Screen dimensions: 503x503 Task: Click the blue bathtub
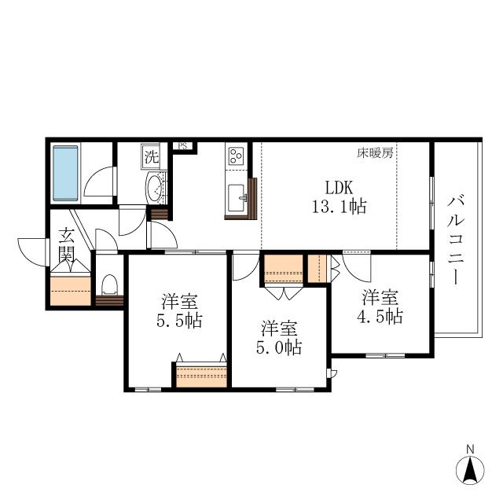(65, 173)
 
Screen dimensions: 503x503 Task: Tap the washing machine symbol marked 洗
(151, 156)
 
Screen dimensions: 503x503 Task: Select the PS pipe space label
(183, 146)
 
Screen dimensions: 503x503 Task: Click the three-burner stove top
(236, 156)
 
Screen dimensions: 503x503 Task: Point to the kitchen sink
(237, 198)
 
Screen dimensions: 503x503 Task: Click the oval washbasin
(155, 188)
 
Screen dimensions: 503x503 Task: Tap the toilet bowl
(109, 285)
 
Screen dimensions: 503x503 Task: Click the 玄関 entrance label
(67, 245)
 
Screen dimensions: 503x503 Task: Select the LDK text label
(340, 188)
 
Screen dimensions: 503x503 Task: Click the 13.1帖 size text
(340, 206)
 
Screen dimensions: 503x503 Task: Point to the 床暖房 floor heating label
(376, 153)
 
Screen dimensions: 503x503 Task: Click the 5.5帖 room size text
(179, 320)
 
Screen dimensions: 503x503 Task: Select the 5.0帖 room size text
(279, 347)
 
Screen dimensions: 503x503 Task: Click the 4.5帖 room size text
(380, 316)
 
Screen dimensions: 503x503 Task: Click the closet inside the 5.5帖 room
(201, 375)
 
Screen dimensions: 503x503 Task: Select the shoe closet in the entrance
(71, 290)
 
